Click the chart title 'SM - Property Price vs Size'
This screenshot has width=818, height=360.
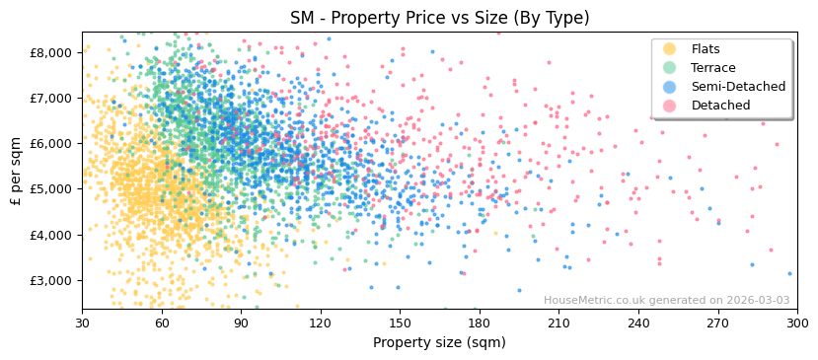439,18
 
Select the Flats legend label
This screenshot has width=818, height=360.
706,49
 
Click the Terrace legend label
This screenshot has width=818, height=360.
712,68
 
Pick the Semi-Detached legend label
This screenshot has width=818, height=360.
738,87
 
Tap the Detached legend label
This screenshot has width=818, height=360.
720,106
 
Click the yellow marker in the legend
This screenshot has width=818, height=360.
670,49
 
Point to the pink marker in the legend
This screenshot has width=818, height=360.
670,106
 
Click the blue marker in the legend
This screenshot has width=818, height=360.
670,87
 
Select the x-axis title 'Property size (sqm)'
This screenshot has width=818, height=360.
439,343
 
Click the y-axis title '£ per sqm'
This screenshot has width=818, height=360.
16,172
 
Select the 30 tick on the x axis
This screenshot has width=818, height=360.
82,323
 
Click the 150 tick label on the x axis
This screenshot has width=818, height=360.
400,323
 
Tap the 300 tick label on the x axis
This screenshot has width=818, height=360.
797,323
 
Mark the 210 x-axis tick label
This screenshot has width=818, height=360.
558,323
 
